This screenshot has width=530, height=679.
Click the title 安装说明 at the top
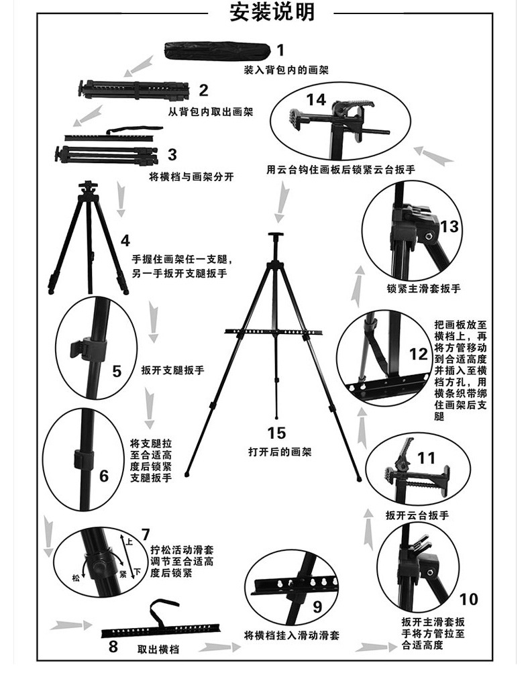click(x=272, y=12)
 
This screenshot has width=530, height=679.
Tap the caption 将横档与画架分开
click(x=191, y=177)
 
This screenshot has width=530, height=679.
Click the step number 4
click(x=125, y=241)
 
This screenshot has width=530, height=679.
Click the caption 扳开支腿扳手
click(x=172, y=370)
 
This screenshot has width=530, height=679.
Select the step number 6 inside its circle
click(x=104, y=476)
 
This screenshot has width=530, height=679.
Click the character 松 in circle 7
click(x=76, y=576)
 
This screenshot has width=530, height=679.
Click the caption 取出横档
click(x=158, y=649)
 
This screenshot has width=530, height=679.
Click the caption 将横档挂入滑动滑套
click(x=290, y=635)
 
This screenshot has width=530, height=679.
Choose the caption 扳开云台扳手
click(x=417, y=515)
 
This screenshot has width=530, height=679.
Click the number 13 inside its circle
click(x=449, y=226)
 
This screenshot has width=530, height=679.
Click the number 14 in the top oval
click(x=316, y=99)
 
